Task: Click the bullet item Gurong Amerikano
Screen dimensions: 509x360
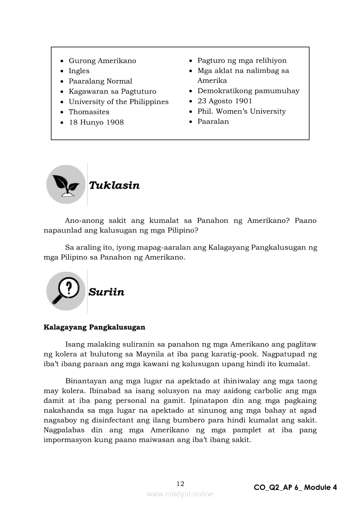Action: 102,61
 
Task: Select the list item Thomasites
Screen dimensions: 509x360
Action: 89,112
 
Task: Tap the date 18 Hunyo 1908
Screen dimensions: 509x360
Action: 96,122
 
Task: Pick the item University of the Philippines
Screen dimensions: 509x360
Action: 119,102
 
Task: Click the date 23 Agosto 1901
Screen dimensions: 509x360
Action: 225,101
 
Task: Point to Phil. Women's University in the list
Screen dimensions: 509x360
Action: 241,111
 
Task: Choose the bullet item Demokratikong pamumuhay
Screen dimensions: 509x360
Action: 248,91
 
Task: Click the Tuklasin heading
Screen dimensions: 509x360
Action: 114,185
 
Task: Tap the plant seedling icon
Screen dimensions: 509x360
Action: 66,185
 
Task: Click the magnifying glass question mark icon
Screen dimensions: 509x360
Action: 66,291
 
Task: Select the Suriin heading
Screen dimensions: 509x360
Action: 106,292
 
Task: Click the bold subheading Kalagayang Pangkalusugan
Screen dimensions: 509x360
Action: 95,327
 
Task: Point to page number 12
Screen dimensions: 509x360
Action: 180,483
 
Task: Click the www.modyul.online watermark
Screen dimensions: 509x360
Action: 180,494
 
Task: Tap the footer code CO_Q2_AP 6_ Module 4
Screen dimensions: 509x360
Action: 295,487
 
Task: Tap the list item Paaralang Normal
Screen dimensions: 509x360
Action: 100,81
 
